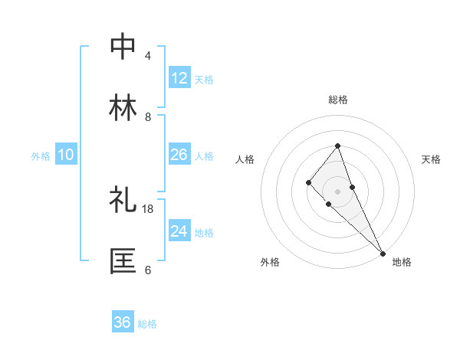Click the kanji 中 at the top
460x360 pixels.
123,47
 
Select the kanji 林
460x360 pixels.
123,107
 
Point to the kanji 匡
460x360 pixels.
123,261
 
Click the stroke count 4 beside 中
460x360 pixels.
147,56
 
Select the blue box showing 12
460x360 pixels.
179,78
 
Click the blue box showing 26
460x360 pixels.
179,155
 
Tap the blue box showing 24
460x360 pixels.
179,231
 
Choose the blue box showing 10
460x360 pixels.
66,155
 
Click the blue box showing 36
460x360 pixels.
123,322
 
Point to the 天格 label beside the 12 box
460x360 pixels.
204,79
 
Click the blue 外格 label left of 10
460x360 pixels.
41,155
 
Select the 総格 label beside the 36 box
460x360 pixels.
147,323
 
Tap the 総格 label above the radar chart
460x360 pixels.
337,100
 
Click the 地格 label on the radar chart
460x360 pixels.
402,262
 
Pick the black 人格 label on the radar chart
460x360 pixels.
245,159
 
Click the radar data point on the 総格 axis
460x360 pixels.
337,146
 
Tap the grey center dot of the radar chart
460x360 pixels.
337,191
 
